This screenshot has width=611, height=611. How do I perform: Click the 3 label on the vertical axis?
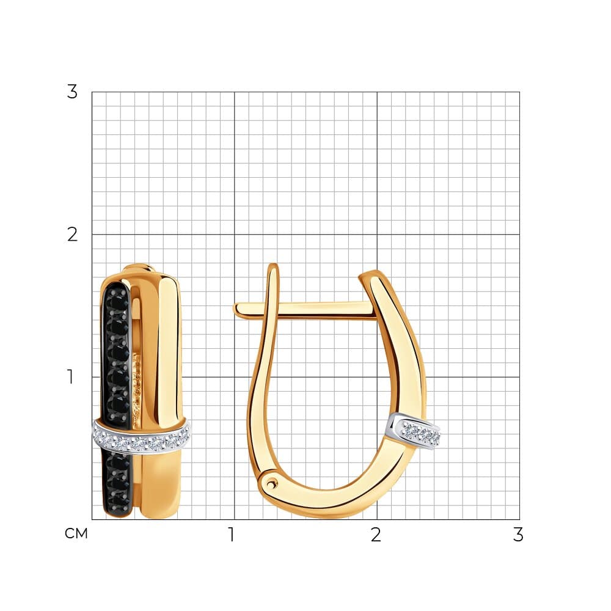coord(72,92)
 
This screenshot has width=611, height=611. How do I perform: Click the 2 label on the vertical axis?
coord(73,235)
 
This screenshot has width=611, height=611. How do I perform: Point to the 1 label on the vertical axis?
coord(70,377)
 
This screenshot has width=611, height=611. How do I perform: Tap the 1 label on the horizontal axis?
coord(232,535)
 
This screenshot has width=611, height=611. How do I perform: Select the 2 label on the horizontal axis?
coord(376,535)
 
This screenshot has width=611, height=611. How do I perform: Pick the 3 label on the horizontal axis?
coord(518,535)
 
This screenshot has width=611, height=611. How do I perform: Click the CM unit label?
coord(76,533)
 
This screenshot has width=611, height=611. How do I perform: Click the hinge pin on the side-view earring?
coord(271,484)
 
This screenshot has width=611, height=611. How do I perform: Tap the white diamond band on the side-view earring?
coord(415,431)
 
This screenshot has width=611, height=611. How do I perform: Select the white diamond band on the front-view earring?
coord(142,435)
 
